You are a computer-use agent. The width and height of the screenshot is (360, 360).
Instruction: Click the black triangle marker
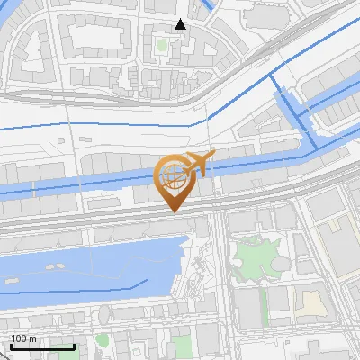coord(181,24)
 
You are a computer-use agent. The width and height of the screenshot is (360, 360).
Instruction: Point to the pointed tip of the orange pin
coord(173,211)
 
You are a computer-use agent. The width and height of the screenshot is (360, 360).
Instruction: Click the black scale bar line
coord(42,347)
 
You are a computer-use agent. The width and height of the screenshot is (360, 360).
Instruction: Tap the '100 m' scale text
coord(24,338)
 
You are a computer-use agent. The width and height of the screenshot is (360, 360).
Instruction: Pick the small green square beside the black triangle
coord(163,43)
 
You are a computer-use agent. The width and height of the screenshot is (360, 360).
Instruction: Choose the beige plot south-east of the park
coord(310,301)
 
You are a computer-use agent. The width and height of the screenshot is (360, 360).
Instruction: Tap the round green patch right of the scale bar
coord(102,340)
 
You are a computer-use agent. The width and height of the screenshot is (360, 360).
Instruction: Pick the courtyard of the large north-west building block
coord(94,36)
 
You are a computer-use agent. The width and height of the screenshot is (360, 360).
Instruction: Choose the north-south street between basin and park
coord(222,270)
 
